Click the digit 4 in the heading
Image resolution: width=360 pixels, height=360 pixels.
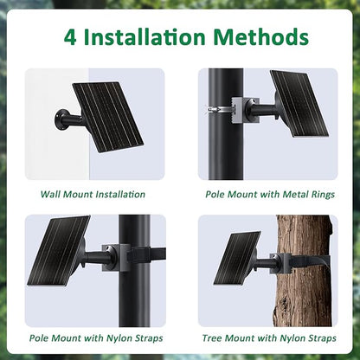coord(70,37)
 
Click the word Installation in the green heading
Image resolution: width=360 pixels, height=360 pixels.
coord(145,37)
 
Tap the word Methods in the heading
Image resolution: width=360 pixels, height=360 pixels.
coord(261,37)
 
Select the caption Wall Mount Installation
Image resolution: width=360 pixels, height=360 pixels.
coord(93,194)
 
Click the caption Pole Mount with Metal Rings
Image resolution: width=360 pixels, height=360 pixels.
coord(270,194)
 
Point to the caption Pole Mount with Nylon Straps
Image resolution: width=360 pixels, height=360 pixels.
coord(96,337)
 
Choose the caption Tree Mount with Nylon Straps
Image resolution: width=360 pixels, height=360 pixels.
coord(269,337)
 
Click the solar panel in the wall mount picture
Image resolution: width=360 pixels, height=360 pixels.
coord(108,117)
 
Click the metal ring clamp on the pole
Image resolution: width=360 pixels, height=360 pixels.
coord(220,110)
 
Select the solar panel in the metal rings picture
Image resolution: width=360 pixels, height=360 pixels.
coord(299,103)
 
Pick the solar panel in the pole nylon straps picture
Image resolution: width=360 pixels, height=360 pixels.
coord(59,250)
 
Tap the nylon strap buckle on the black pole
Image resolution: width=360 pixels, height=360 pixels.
coord(138,254)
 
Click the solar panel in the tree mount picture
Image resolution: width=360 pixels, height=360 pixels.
coord(237,258)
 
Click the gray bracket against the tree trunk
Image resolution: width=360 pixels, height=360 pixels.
coord(280,263)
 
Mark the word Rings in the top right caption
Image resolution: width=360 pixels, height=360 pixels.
coord(323,195)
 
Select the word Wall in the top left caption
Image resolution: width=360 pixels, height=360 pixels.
coord(50,194)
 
